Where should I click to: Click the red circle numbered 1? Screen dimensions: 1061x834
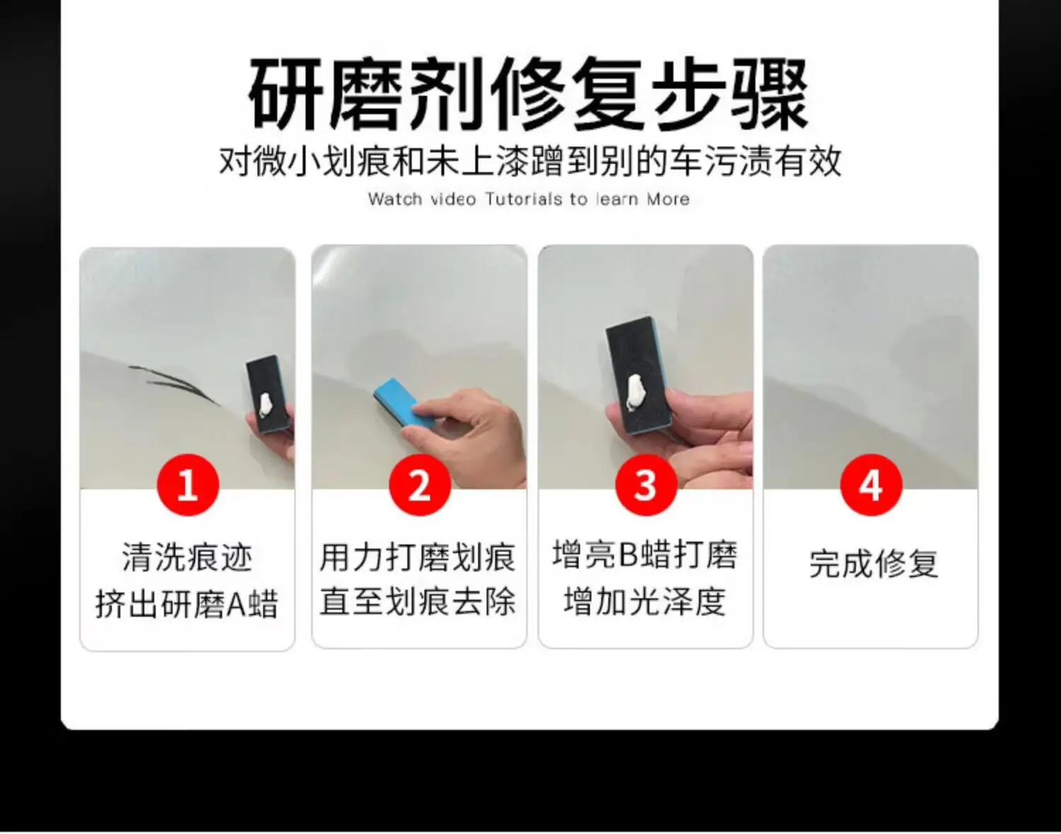188,485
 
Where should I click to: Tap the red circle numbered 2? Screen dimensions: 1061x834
420,485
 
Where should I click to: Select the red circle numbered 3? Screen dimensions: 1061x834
646,485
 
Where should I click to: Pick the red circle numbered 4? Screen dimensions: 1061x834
871,485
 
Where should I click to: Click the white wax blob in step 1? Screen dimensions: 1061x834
266,406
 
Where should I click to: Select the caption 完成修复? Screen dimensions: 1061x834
874,564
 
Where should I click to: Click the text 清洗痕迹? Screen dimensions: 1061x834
187,557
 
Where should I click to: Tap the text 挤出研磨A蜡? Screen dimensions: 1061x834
187,603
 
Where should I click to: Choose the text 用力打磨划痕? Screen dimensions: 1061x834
418,557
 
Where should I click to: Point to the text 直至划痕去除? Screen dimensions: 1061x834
418,601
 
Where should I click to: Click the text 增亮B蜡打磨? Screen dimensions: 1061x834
645,554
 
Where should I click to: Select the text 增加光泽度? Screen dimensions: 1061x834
645,601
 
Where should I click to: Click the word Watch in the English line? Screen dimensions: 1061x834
395,200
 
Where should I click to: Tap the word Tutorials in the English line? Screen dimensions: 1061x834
523,200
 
